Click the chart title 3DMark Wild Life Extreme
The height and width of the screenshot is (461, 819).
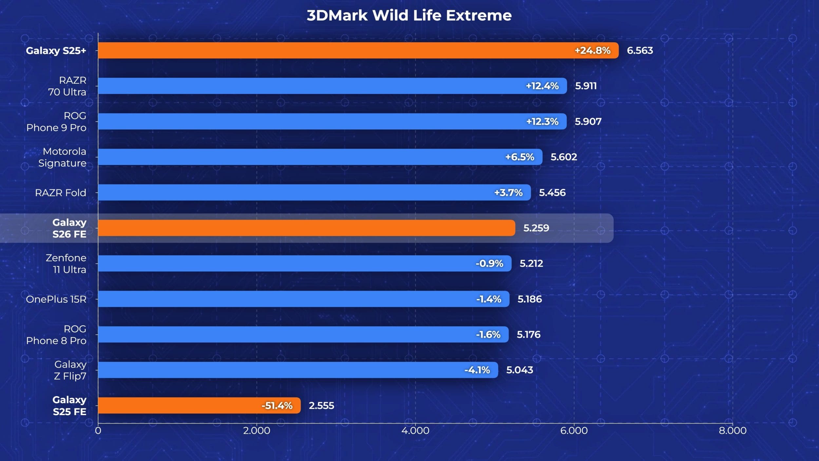(409, 15)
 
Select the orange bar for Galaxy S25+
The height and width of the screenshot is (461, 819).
(358, 50)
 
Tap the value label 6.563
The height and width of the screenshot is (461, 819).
(640, 50)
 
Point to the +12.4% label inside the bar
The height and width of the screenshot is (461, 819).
(542, 86)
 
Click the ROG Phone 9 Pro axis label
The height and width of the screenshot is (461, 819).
(56, 122)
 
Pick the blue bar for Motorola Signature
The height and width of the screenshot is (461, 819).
(320, 157)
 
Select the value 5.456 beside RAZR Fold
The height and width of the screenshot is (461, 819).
(552, 192)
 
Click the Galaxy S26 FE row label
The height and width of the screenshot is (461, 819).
(69, 228)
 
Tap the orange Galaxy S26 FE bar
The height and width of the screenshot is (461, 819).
(306, 228)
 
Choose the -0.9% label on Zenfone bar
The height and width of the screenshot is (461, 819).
(489, 263)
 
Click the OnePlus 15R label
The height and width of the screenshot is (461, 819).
(56, 299)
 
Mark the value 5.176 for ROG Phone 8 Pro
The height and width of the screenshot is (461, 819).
(528, 334)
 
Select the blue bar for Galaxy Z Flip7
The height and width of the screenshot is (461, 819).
(298, 370)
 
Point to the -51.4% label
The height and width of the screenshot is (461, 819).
(277, 406)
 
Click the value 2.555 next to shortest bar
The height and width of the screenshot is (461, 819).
(321, 406)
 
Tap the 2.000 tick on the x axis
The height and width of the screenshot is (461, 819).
(257, 431)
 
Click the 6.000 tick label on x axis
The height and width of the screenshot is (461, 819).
(574, 431)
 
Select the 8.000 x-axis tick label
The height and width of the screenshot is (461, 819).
(733, 431)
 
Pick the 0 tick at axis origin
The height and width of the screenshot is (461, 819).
(98, 431)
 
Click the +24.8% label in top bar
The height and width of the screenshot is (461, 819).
(592, 50)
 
